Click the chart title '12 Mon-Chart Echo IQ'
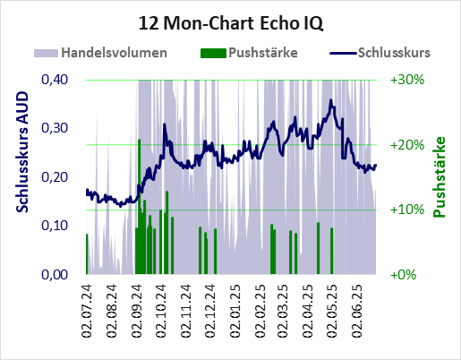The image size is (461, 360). (231, 23)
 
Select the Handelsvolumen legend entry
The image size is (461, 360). (100, 53)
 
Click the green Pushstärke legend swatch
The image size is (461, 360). (213, 53)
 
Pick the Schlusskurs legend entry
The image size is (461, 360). (380, 53)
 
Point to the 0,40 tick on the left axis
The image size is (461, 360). (55, 80)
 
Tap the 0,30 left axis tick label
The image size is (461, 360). (55, 128)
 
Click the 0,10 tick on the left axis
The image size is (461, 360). (55, 226)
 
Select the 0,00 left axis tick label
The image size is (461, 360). (55, 274)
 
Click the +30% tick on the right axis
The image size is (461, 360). (407, 80)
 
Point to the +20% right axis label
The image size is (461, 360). (407, 145)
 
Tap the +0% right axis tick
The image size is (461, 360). (403, 275)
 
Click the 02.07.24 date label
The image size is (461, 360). (87, 312)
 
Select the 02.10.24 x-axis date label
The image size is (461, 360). (161, 312)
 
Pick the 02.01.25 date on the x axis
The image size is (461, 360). (235, 312)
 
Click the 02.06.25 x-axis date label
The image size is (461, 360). (357, 312)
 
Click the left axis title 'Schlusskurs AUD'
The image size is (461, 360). (21, 152)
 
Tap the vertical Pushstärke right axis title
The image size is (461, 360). (439, 177)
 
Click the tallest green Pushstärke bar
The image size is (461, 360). (139, 207)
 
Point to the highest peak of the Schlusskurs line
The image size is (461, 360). (330, 100)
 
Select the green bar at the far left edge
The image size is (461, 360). (87, 254)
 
